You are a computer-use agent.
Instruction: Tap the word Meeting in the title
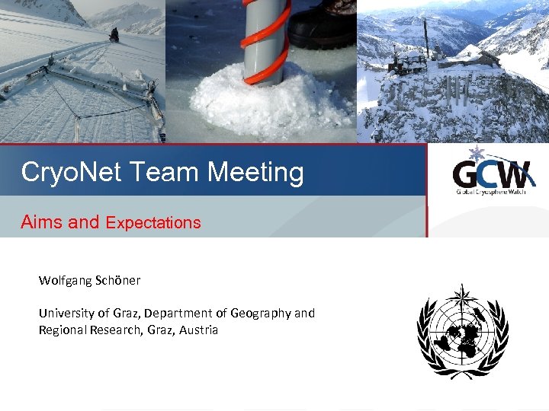coord(255,172)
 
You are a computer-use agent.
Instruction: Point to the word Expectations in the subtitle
coord(153,223)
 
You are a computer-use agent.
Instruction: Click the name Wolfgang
coord(66,280)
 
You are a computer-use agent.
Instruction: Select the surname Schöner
coord(118,280)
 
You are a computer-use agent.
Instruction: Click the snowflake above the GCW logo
coord(478,154)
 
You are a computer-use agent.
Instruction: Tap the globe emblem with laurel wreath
coord(462,336)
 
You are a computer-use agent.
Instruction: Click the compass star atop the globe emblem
coord(462,295)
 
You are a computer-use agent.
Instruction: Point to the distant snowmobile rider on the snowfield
coord(114,35)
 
